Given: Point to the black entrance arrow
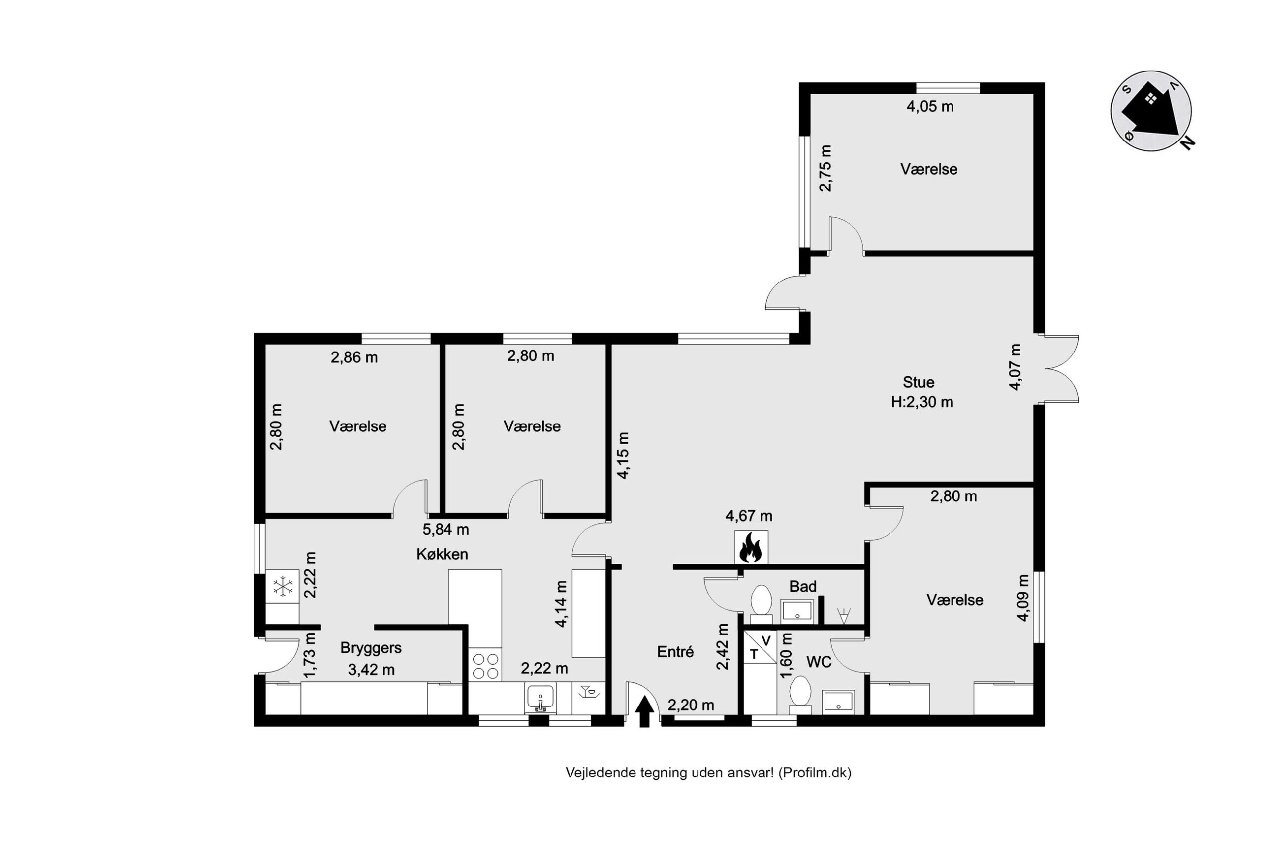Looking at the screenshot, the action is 644,712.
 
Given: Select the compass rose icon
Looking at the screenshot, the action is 1152,111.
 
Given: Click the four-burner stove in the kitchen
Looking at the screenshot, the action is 485,666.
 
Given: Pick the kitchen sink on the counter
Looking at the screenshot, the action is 540,698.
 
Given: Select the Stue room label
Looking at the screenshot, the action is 918,382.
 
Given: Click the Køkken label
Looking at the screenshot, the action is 442,554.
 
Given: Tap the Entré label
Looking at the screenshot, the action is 675,652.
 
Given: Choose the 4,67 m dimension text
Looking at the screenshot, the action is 749,516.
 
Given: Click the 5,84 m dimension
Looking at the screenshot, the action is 445,530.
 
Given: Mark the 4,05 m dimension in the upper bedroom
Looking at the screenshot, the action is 930,106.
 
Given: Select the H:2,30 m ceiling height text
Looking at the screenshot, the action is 922,402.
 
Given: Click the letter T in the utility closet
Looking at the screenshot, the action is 754,655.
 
